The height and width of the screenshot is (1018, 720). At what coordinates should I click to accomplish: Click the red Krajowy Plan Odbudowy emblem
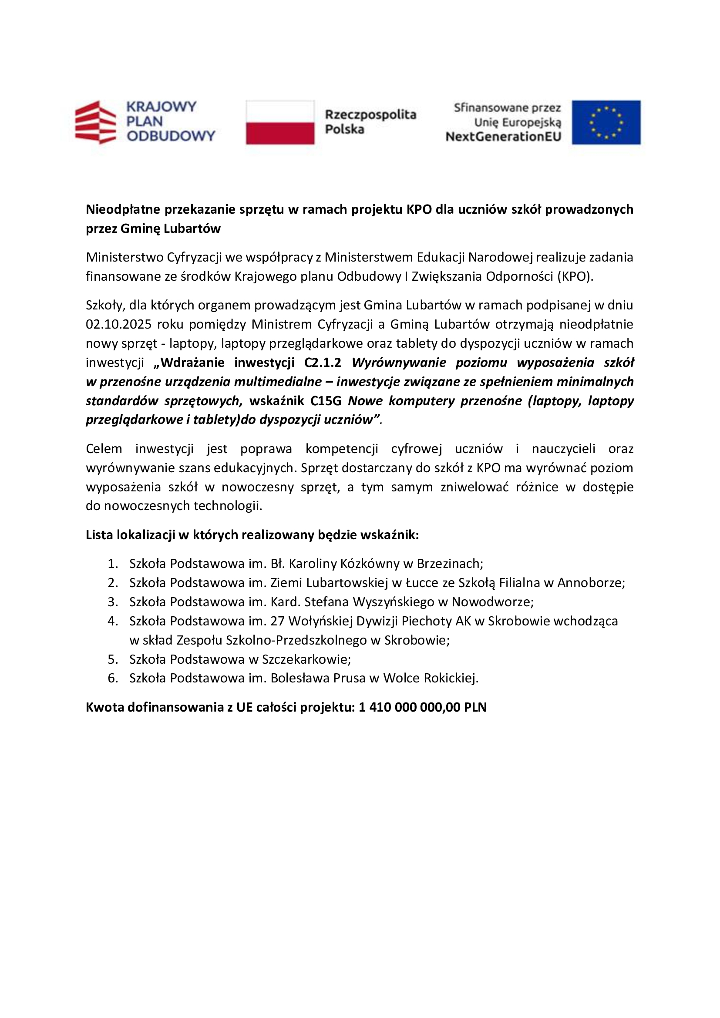95,122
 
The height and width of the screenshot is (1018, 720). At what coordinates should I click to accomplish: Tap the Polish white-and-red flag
280,122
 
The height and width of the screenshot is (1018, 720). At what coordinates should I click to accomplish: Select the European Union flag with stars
606,122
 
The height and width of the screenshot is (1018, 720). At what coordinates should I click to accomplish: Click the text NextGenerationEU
503,137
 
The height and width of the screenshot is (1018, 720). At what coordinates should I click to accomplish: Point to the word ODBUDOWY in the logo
171,136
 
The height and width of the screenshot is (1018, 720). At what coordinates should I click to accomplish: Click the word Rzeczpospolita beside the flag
370,114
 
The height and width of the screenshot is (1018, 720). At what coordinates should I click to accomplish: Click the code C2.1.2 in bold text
322,363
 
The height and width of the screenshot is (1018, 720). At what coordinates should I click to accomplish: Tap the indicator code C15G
326,401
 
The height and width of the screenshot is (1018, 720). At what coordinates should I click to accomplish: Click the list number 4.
113,621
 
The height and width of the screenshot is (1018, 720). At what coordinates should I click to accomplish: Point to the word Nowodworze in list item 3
492,602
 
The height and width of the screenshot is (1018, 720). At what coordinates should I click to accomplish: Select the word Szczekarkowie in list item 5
306,659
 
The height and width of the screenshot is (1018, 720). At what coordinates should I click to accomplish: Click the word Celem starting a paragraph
104,449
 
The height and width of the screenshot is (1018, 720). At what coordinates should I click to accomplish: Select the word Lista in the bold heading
99,535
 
